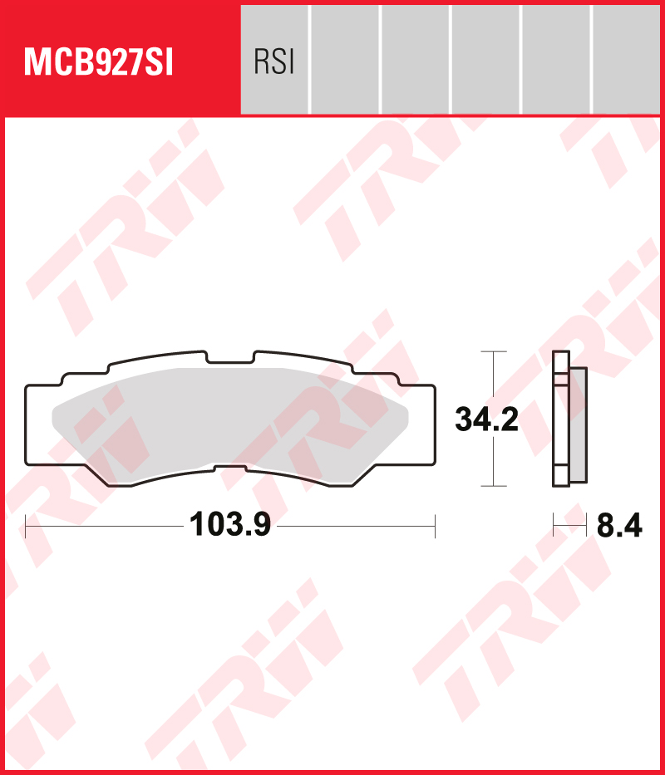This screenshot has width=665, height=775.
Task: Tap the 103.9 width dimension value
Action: [x=230, y=525]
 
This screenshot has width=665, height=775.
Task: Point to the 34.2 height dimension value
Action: [x=486, y=419]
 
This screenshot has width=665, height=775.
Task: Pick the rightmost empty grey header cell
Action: [x=628, y=59]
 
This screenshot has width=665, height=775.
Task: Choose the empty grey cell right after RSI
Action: [x=344, y=59]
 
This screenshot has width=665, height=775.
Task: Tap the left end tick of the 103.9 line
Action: [x=27, y=526]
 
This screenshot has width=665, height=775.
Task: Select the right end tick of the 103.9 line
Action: [x=435, y=526]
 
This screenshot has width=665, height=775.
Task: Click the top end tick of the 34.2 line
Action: [x=494, y=351]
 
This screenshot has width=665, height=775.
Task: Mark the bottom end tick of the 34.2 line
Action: [x=494, y=486]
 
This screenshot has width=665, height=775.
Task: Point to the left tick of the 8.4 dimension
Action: [x=554, y=526]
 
